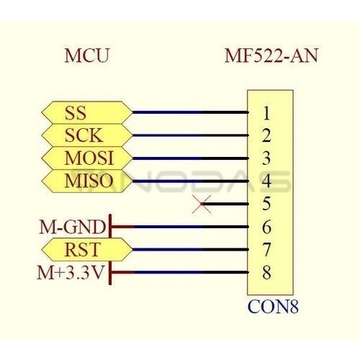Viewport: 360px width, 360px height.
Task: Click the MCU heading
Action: [x=87, y=55]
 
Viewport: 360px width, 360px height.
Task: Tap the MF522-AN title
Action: [x=271, y=55]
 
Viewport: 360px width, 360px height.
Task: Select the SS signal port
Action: [x=87, y=112]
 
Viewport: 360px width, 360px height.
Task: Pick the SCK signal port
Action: [x=87, y=135]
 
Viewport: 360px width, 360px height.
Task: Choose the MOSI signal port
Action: [x=87, y=158]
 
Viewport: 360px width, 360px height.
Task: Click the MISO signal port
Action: [x=87, y=181]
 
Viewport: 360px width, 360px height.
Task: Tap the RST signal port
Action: [x=87, y=250]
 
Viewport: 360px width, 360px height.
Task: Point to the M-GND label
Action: [x=73, y=227]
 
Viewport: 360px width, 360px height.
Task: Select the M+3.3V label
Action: [x=71, y=272]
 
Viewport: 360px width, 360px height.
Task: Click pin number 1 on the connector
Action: [x=266, y=113]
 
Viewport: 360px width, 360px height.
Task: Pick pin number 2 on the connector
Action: [x=266, y=135]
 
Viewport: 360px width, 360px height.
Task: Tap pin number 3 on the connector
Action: [x=266, y=158]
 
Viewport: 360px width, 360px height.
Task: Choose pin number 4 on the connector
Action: [x=266, y=181]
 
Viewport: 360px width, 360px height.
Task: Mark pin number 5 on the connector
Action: [x=266, y=204]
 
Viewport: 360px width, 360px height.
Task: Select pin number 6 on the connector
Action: [x=266, y=227]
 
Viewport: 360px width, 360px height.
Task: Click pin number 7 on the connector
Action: [x=266, y=250]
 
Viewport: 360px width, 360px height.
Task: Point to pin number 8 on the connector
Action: [x=266, y=272]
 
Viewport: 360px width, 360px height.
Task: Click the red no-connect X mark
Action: [x=202, y=204]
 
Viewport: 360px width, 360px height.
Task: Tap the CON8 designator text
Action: [x=273, y=307]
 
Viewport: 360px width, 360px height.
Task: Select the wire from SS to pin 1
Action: [x=190, y=112]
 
